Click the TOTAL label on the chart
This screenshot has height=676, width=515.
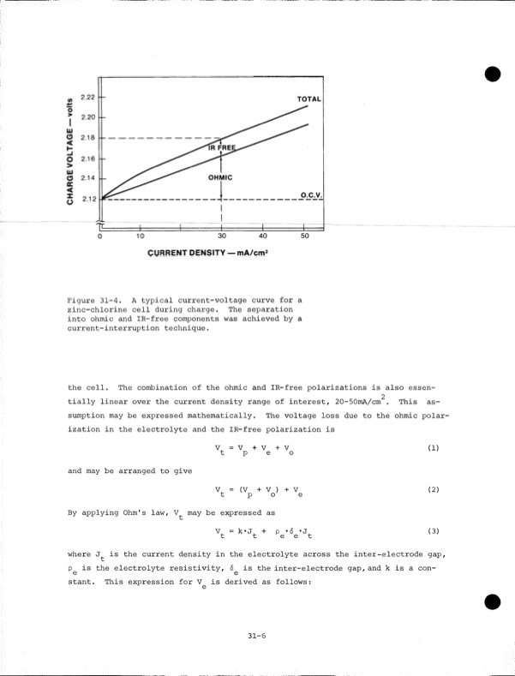308,99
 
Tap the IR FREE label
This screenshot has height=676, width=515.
221,147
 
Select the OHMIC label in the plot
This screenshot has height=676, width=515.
220,177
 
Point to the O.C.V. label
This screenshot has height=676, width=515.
311,195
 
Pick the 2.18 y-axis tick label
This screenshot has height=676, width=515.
87,137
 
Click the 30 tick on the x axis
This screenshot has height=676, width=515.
222,236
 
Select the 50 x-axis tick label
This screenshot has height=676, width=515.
304,236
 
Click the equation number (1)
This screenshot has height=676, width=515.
433,447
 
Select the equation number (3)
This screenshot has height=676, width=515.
433,530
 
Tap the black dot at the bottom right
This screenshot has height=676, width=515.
491,602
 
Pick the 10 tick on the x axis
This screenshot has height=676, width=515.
141,236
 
